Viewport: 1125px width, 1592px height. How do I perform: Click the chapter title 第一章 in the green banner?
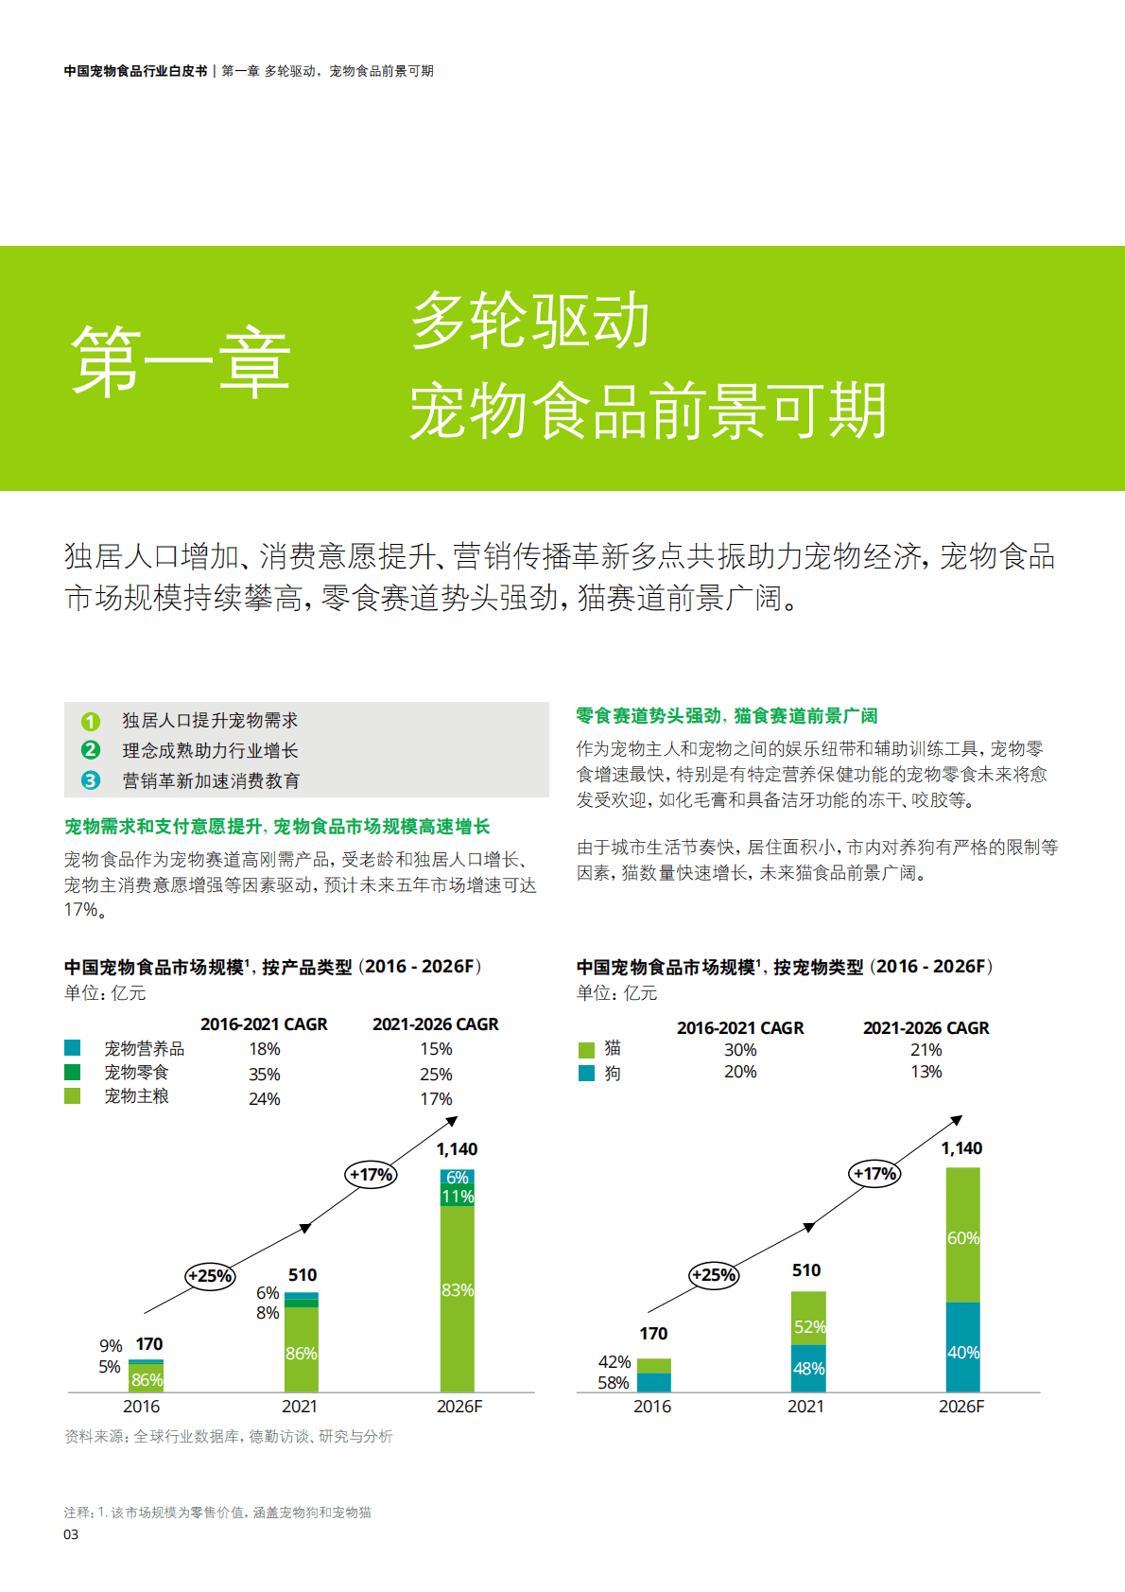[181, 362]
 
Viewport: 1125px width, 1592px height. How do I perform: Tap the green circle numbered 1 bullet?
[91, 722]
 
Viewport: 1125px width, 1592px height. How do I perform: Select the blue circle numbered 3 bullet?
[91, 780]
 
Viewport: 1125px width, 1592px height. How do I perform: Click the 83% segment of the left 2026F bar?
[458, 1291]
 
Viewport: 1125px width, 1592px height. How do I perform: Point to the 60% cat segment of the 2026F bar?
[962, 1237]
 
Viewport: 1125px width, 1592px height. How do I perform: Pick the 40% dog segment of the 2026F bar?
[962, 1353]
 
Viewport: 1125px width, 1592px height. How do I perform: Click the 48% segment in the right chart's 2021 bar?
[808, 1369]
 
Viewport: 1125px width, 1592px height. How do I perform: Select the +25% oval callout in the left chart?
[210, 1276]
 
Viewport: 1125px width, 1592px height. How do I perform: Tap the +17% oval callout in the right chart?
[875, 1174]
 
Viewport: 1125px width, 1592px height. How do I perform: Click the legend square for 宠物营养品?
[73, 1048]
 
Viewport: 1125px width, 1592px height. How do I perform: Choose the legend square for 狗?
[586, 1073]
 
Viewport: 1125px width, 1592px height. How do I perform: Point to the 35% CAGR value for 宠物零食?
[265, 1075]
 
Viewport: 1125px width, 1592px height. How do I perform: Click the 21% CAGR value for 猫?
[926, 1050]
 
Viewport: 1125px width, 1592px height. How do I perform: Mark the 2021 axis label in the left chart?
[300, 1407]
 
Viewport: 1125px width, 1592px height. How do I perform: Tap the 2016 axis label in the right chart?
[652, 1407]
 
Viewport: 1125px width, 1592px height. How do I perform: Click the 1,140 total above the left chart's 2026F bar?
[457, 1149]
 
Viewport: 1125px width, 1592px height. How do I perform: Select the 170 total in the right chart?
[653, 1334]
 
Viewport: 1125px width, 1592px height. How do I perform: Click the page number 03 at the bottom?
[71, 1534]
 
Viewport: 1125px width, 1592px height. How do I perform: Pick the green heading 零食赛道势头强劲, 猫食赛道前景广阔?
[727, 716]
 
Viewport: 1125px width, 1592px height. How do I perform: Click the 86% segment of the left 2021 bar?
[302, 1354]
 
